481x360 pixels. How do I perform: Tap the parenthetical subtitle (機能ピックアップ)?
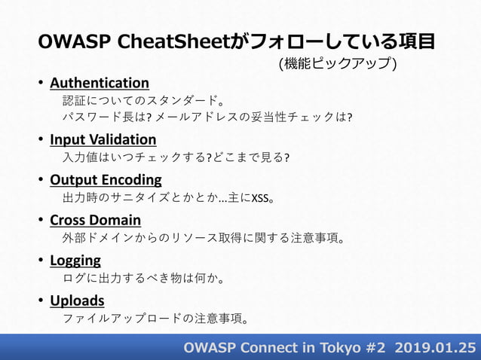(x=339, y=64)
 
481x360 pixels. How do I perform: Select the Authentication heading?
(x=100, y=82)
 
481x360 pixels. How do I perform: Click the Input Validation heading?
(x=103, y=139)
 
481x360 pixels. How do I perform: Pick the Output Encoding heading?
(x=106, y=179)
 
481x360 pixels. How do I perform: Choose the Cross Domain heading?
(x=95, y=220)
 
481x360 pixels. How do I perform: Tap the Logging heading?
(x=75, y=261)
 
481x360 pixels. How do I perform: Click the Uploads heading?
(x=77, y=301)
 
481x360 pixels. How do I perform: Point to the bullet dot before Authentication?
(x=41, y=83)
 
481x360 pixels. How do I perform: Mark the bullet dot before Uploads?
(x=41, y=302)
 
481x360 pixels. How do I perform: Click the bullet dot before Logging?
(x=41, y=261)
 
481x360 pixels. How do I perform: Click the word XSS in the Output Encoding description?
(x=259, y=199)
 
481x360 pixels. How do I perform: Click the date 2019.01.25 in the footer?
(x=434, y=347)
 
